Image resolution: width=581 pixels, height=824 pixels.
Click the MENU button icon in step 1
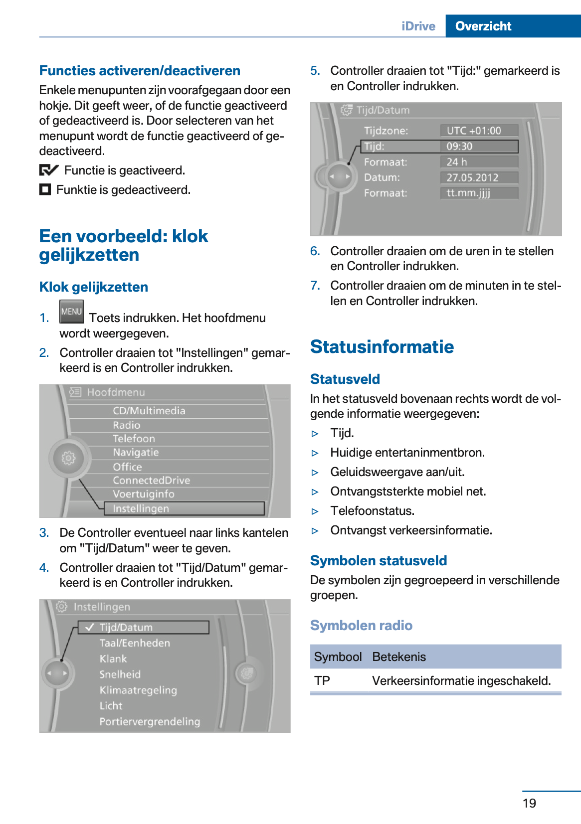point(71,312)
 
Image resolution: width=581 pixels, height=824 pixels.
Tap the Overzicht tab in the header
point(483,26)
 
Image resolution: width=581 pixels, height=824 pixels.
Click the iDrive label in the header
point(418,26)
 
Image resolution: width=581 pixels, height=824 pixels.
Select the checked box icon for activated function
point(48,170)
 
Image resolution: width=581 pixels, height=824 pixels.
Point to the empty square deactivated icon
point(45,189)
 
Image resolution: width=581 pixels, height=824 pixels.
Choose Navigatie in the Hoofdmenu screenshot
point(136,452)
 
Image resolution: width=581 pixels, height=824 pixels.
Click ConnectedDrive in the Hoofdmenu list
point(151,480)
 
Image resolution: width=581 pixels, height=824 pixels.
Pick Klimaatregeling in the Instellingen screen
point(138,690)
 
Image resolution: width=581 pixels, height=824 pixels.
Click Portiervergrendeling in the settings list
point(150,721)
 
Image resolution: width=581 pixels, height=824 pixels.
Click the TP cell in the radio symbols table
point(322,680)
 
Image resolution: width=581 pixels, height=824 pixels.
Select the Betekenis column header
point(399,657)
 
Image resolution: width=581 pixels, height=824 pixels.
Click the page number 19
point(529,803)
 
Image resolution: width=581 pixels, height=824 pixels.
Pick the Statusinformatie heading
point(382,346)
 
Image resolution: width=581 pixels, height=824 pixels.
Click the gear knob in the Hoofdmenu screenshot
point(68,458)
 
